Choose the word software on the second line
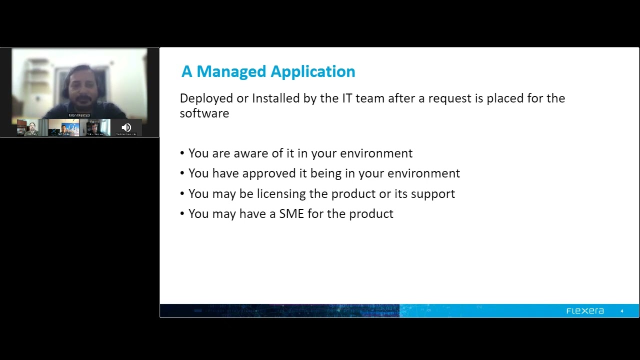(x=204, y=113)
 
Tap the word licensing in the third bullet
(x=281, y=194)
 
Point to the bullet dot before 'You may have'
(x=182, y=214)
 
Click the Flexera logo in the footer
(x=585, y=311)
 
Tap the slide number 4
(x=622, y=311)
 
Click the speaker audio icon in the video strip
(x=126, y=127)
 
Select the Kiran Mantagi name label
(x=79, y=115)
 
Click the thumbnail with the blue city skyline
(x=63, y=127)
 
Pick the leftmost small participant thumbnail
(x=32, y=127)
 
